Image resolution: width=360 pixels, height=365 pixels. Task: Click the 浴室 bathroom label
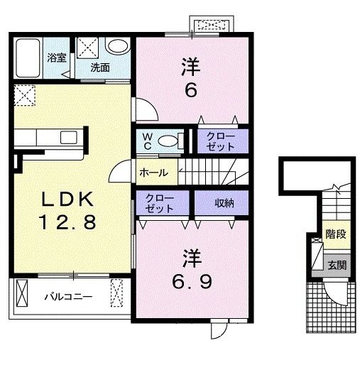[57, 58]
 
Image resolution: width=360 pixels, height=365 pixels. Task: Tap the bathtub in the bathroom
[28, 58]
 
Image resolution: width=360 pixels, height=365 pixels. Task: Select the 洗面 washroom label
[100, 67]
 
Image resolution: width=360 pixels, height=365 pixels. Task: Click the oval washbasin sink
[118, 45]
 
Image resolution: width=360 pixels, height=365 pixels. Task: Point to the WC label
[148, 141]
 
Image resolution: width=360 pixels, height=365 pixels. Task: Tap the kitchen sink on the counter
[69, 137]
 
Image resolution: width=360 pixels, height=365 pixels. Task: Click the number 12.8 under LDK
[67, 222]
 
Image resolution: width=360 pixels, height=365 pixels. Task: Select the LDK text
[67, 200]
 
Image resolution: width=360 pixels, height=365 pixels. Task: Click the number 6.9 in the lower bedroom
[192, 282]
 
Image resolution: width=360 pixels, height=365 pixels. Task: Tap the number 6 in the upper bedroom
[191, 90]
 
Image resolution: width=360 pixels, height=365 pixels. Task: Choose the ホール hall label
[154, 173]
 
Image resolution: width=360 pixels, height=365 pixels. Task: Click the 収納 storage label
[224, 203]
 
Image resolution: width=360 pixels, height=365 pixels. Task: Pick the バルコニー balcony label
[68, 297]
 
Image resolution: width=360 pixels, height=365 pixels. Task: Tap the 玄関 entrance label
[337, 266]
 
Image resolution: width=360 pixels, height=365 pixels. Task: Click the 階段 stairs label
[336, 234]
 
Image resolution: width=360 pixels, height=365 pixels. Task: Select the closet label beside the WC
[221, 141]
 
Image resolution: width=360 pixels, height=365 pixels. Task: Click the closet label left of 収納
[159, 203]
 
